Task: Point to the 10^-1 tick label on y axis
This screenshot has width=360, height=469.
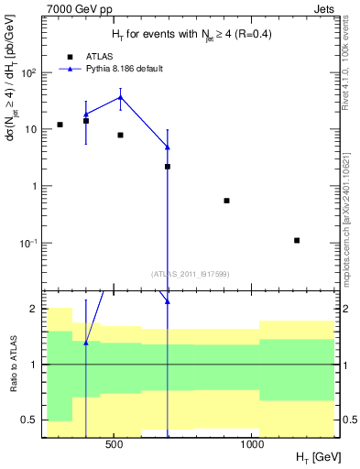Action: pyautogui.click(x=29, y=243)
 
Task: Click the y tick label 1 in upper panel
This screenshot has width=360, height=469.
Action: pyautogui.click(x=34, y=186)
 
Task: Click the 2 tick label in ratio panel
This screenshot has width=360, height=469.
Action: pyautogui.click(x=34, y=310)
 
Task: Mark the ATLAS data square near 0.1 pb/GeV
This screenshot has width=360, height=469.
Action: pyautogui.click(x=297, y=240)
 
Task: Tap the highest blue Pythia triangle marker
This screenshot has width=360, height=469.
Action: pyautogui.click(x=120, y=97)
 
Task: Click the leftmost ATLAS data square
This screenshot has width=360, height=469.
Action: pyautogui.click(x=60, y=125)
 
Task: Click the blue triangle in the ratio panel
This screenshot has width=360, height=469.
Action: pyautogui.click(x=86, y=343)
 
